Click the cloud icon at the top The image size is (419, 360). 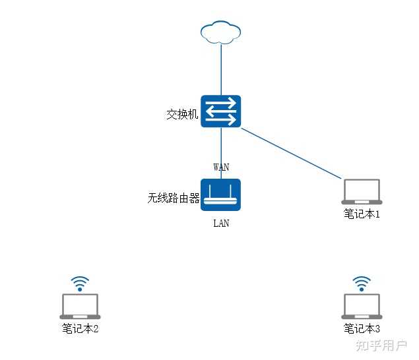(221, 32)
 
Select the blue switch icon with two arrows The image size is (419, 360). (221, 111)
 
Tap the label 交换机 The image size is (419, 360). (182, 115)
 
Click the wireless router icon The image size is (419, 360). (221, 195)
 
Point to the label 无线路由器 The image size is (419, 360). (174, 198)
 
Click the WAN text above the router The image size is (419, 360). (221, 167)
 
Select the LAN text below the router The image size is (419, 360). (221, 224)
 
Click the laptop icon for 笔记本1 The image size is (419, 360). (362, 192)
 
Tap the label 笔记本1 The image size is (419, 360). (362, 214)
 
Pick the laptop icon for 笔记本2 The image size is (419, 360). (80, 307)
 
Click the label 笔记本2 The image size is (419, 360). (80, 328)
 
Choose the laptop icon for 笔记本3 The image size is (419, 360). (362, 307)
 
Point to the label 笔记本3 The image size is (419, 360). (362, 328)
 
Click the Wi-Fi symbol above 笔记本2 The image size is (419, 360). (80, 284)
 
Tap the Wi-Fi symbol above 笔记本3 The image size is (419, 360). (362, 284)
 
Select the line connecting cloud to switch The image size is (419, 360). (221, 69)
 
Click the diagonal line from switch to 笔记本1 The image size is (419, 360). (290, 153)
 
